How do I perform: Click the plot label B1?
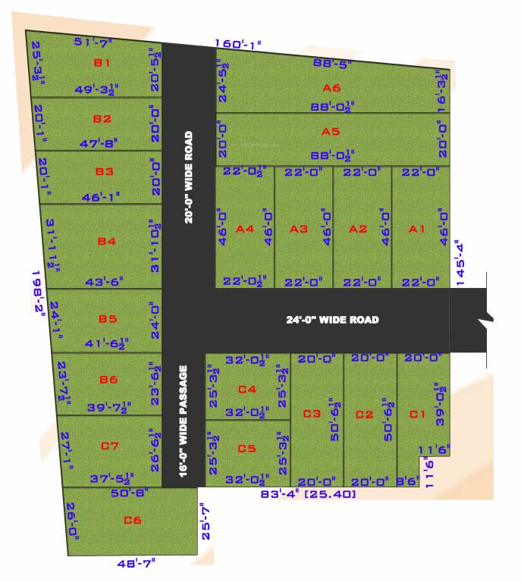(x=102, y=63)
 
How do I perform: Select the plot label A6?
(x=331, y=88)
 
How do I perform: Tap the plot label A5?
(x=330, y=132)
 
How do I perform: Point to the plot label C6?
(x=133, y=520)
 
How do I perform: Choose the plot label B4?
(x=106, y=242)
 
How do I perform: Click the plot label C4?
(x=247, y=390)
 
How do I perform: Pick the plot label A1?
(x=416, y=229)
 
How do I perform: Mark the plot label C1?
(x=417, y=415)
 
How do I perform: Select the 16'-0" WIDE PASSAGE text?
(x=183, y=420)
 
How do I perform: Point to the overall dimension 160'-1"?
(x=237, y=44)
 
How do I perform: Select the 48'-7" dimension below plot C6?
(x=136, y=564)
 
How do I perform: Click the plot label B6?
(x=108, y=379)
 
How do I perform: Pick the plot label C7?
(x=111, y=445)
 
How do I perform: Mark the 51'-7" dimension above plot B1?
(x=94, y=41)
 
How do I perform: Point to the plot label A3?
(x=299, y=229)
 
